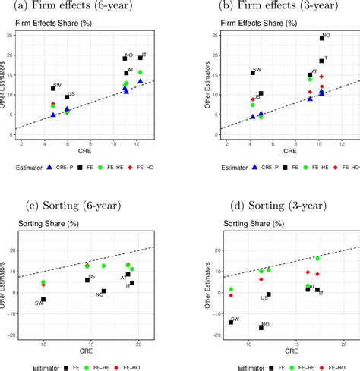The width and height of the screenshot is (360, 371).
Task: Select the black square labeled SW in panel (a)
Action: click(x=53, y=89)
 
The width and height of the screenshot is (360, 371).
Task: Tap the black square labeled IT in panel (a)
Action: click(x=141, y=58)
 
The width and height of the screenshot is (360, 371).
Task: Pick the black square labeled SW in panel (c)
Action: click(x=43, y=299)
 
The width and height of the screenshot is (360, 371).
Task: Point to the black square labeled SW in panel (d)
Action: click(x=231, y=322)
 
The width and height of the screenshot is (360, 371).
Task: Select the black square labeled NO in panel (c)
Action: click(x=104, y=291)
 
